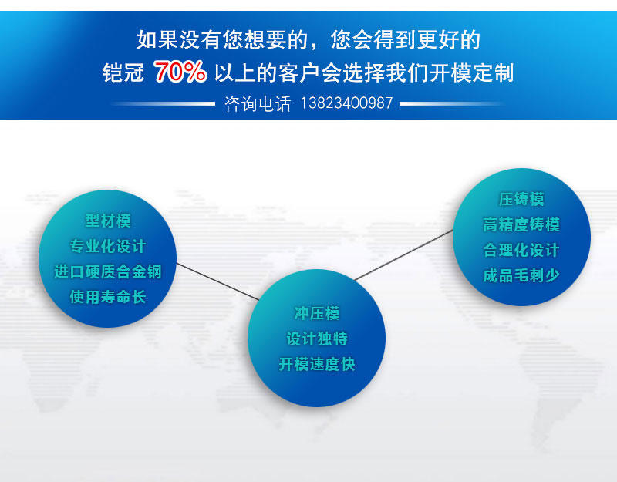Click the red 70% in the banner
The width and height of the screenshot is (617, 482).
(x=180, y=72)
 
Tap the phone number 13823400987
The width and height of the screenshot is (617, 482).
(x=346, y=103)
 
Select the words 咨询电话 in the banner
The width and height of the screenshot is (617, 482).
(x=258, y=104)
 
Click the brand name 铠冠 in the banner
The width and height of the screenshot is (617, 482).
(x=123, y=72)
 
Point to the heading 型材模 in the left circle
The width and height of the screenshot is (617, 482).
(x=108, y=221)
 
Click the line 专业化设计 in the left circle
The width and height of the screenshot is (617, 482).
(x=108, y=246)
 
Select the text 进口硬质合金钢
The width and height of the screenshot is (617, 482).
(x=108, y=271)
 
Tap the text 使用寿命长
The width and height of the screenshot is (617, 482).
(x=108, y=297)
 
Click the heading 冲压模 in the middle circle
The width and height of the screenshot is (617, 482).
(x=317, y=314)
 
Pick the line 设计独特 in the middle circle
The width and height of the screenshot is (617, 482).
(x=317, y=339)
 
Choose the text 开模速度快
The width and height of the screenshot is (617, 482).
(x=317, y=364)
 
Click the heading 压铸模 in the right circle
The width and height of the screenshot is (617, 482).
(x=521, y=199)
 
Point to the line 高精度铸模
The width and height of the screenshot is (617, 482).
(x=521, y=224)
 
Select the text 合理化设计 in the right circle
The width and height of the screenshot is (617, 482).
(x=521, y=250)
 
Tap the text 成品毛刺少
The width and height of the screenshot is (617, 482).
(x=521, y=275)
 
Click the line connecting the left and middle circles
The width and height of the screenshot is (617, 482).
(x=217, y=281)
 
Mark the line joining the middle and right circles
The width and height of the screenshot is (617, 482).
(x=404, y=255)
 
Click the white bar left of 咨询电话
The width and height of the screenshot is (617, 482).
(x=163, y=104)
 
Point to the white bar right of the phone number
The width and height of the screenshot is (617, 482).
(x=452, y=104)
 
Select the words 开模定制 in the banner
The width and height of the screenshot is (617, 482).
(x=472, y=72)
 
